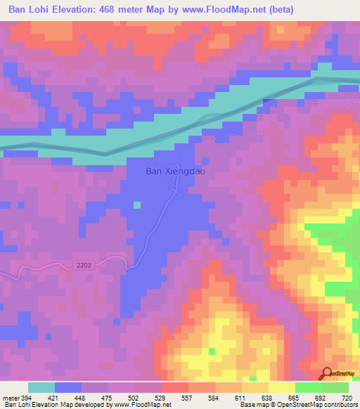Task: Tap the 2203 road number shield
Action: (82, 264)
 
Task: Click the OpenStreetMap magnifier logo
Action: (328, 374)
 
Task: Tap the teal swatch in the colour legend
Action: (41, 387)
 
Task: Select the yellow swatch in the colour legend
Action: (281, 387)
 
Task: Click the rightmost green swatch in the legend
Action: (335, 387)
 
